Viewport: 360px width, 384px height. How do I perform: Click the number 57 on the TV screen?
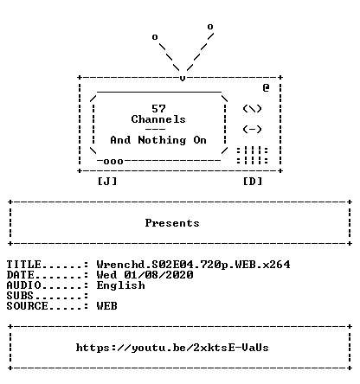coord(158,109)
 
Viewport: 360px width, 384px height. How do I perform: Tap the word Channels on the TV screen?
coord(158,119)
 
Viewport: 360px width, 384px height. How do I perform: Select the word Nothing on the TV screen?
coord(162,140)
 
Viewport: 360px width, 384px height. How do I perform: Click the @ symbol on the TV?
coord(266,87)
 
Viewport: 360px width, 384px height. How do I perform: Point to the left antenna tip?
coord(155,37)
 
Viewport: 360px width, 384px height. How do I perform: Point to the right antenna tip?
coord(210,27)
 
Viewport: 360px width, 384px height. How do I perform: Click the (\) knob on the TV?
coord(252,109)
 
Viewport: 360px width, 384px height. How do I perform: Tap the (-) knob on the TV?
coord(252,130)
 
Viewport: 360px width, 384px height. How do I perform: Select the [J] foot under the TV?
coord(107,182)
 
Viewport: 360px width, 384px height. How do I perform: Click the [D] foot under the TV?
coord(253,182)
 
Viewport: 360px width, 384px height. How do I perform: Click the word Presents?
coord(172,223)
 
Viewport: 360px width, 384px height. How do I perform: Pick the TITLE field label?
coord(24,265)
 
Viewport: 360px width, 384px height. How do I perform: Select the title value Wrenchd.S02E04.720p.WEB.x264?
coord(193,265)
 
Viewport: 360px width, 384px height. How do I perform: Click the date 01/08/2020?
coord(158,275)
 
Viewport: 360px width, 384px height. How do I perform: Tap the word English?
coord(120,285)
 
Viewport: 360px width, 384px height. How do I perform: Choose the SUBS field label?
coord(20,296)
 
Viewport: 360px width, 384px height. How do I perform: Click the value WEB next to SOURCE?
coord(106,306)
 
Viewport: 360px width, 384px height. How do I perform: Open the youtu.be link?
coord(172,348)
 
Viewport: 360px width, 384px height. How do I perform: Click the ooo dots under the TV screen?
coord(113,162)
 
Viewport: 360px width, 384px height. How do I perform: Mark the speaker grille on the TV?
coord(253,156)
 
